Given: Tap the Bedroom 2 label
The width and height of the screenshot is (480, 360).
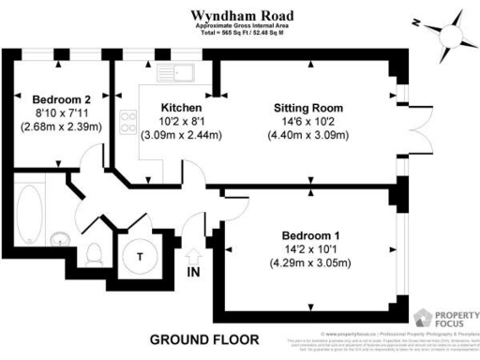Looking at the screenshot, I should (61, 99).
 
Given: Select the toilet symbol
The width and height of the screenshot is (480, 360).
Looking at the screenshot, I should (94, 252).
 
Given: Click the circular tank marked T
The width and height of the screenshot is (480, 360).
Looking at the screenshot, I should (141, 256).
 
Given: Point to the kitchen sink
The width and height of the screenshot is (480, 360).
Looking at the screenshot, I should (175, 70).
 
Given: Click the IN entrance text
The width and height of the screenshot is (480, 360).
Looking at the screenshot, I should (195, 273).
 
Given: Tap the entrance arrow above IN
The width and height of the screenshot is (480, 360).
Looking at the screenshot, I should (195, 255).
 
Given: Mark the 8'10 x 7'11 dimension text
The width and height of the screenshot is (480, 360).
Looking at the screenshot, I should (61, 113).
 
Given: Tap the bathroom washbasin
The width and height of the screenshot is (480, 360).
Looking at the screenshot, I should (58, 238).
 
